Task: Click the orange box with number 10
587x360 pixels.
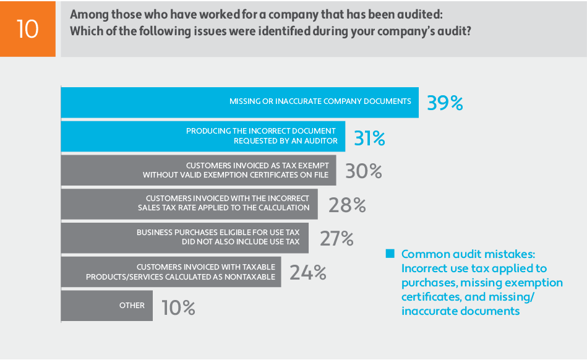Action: pos(27,28)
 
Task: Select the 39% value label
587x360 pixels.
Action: pos(445,103)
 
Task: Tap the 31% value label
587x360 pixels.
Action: pos(369,138)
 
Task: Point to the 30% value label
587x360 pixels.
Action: pos(364,171)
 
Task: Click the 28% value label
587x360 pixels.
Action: pos(347,205)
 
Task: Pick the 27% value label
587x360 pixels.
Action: pos(336,238)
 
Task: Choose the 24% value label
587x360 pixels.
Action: pos(308,272)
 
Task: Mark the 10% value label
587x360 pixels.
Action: pos(178,307)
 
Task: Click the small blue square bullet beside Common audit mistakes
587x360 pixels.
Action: pos(390,254)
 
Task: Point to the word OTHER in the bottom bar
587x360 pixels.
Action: pos(132,306)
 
